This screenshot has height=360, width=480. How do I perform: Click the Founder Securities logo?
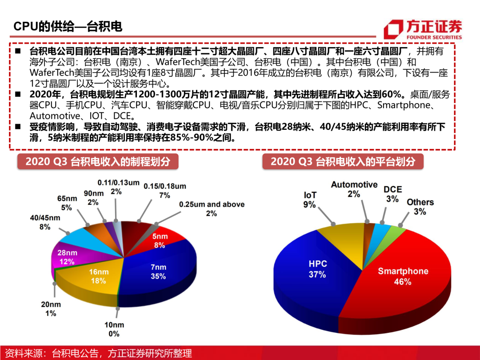coord(423,29)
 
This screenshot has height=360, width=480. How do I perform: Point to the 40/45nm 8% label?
coord(45,222)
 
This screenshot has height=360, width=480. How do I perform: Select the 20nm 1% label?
coord(50,308)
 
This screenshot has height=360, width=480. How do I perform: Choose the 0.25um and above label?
coord(211,208)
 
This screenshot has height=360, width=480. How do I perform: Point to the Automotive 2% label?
coord(354,189)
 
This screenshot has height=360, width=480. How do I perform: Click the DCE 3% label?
coord(392,194)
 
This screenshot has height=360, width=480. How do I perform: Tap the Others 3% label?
coord(420,207)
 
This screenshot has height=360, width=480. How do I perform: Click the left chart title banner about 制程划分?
coord(97,161)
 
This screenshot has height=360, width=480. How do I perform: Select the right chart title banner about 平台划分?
coord(342,161)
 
